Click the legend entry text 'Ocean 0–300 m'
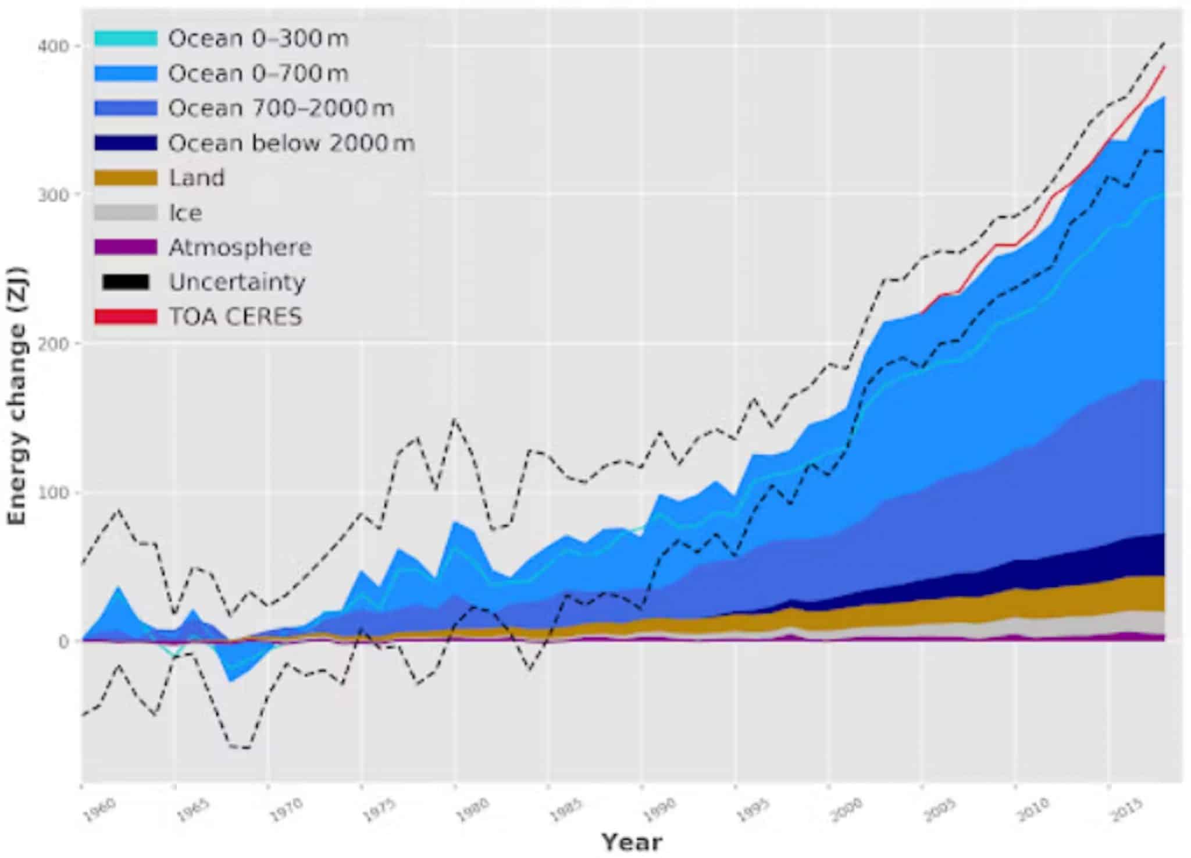pos(258,39)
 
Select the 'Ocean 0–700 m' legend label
pos(258,74)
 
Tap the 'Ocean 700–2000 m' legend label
pos(281,109)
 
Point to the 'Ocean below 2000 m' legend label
pos(291,143)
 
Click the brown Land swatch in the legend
pos(126,178)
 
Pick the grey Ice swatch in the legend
pos(126,213)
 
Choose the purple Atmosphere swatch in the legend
pos(126,247)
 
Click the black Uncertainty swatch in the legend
pos(126,282)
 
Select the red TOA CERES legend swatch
pos(126,317)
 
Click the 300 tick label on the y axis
pos(52,194)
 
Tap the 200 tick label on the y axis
pos(52,343)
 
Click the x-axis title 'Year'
pos(632,842)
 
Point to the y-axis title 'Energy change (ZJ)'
pos(17,396)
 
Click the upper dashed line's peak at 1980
pos(455,419)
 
